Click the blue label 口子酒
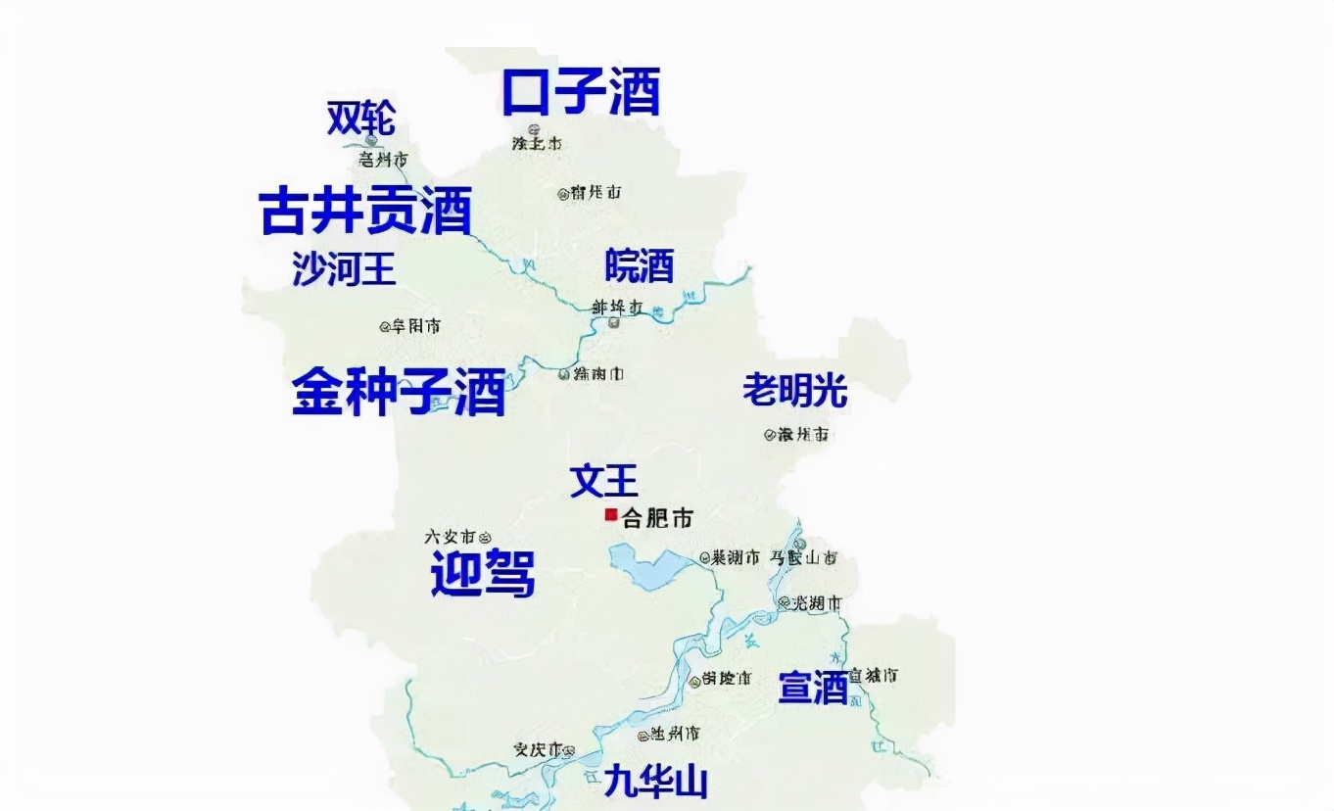[581, 91]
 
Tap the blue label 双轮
[361, 119]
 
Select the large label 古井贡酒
[366, 211]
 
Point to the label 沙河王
[344, 267]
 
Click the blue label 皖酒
[640, 264]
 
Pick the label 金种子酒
[399, 392]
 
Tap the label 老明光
[794, 391]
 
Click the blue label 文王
[604, 481]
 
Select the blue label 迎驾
[483, 574]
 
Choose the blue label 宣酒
[813, 688]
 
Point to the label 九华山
[655, 782]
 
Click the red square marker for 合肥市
[610, 515]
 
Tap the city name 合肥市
[657, 517]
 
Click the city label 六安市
[450, 537]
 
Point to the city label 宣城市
[874, 675]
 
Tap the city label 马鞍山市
[802, 558]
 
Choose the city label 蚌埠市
[616, 307]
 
